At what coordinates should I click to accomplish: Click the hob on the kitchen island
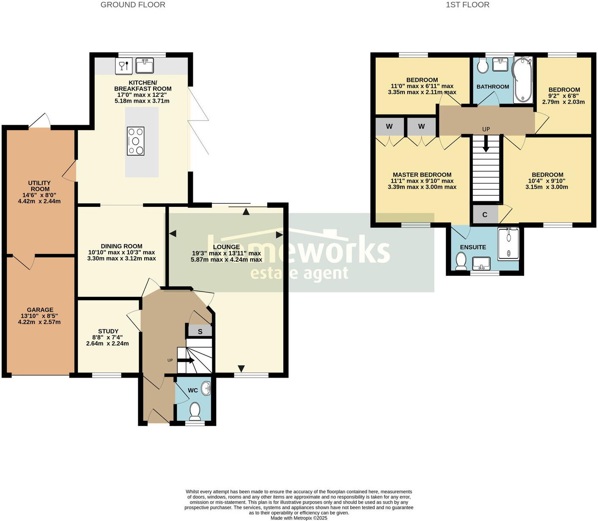tap(136, 141)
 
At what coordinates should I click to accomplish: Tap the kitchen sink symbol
tap(145, 66)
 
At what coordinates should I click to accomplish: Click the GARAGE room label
tap(40, 310)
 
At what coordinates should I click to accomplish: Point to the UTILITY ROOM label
tap(40, 186)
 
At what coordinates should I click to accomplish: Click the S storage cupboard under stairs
tap(200, 332)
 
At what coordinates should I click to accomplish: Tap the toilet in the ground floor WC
tap(195, 410)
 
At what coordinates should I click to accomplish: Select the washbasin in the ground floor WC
tap(206, 388)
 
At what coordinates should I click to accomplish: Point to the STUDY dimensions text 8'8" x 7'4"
tap(107, 337)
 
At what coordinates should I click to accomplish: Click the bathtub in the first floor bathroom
tap(523, 80)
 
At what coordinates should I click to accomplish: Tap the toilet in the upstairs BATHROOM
tap(482, 66)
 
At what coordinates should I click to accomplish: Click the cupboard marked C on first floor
tap(485, 215)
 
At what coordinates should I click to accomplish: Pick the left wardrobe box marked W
tap(389, 126)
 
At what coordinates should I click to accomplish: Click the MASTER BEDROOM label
tap(422, 175)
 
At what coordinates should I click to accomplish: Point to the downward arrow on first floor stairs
tap(486, 144)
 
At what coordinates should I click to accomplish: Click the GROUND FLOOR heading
tap(133, 5)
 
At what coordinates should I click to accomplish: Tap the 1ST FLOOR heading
tap(467, 5)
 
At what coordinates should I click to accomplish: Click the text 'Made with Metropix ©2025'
tap(299, 518)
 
